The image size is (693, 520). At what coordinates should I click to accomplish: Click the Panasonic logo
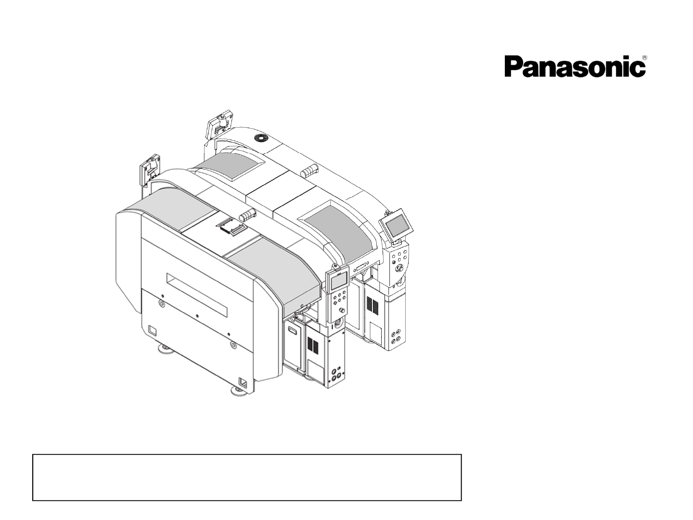pyautogui.click(x=575, y=67)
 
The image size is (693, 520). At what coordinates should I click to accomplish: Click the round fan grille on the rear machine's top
pyautogui.click(x=262, y=138)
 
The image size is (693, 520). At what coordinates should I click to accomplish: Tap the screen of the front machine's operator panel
pyautogui.click(x=339, y=280)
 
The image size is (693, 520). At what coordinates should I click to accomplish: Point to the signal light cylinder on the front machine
pyautogui.click(x=247, y=215)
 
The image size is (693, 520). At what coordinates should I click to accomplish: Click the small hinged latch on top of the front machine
pyautogui.click(x=231, y=225)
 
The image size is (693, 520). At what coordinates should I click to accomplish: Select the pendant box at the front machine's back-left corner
pyautogui.click(x=150, y=169)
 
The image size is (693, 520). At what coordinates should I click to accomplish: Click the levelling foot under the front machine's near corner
pyautogui.click(x=240, y=390)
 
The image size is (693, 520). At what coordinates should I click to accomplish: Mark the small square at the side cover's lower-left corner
pyautogui.click(x=152, y=330)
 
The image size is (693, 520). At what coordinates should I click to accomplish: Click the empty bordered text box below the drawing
pyautogui.click(x=247, y=477)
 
